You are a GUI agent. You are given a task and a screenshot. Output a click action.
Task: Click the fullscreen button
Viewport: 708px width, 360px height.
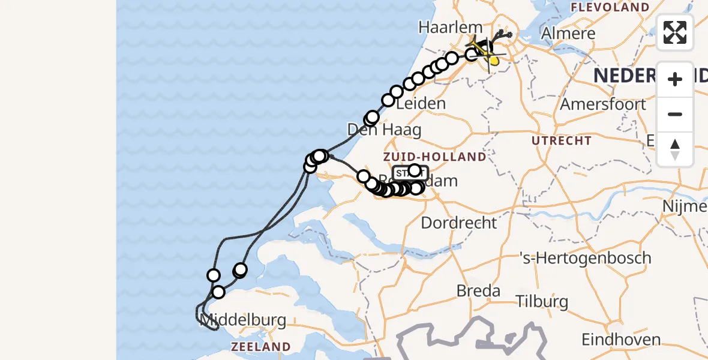(675, 32)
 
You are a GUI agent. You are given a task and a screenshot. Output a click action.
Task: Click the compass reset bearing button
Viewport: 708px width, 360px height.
(675, 149)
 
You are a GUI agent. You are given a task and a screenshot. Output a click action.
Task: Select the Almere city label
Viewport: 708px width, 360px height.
(568, 33)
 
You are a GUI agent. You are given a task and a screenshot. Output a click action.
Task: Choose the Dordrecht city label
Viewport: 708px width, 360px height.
(459, 223)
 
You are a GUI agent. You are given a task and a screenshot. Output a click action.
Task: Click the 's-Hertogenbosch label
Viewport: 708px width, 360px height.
(585, 258)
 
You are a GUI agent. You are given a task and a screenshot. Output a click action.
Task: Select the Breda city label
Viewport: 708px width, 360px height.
(478, 291)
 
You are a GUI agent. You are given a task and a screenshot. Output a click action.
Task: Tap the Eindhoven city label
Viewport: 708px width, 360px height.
(618, 339)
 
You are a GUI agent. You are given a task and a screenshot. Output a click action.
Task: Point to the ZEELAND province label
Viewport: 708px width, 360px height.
(261, 347)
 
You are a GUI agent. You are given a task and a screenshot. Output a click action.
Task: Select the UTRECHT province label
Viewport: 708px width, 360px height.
(562, 141)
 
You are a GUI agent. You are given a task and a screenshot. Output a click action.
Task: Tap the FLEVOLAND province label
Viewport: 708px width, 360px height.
(610, 8)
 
